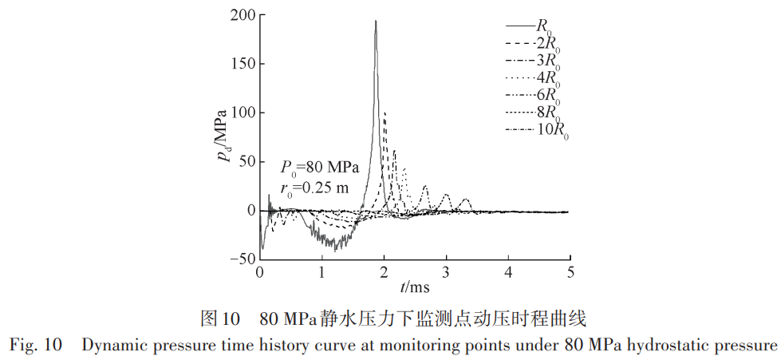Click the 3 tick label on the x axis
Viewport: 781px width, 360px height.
[446, 274]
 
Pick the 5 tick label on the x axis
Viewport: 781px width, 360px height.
[570, 274]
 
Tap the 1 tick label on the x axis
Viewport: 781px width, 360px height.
[321, 274]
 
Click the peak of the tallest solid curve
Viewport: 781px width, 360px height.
[376, 21]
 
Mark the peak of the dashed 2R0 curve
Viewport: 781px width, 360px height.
[385, 113]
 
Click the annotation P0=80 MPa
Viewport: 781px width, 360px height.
[319, 168]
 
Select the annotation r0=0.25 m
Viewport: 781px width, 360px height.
[314, 188]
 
